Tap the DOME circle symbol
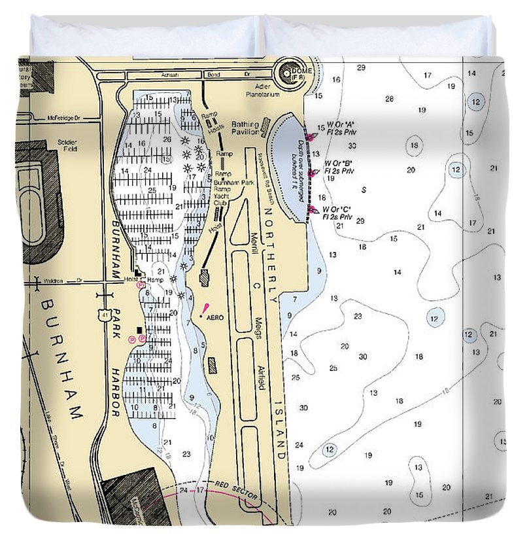(288, 75)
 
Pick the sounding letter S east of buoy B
(364, 190)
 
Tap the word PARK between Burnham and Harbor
(116, 323)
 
